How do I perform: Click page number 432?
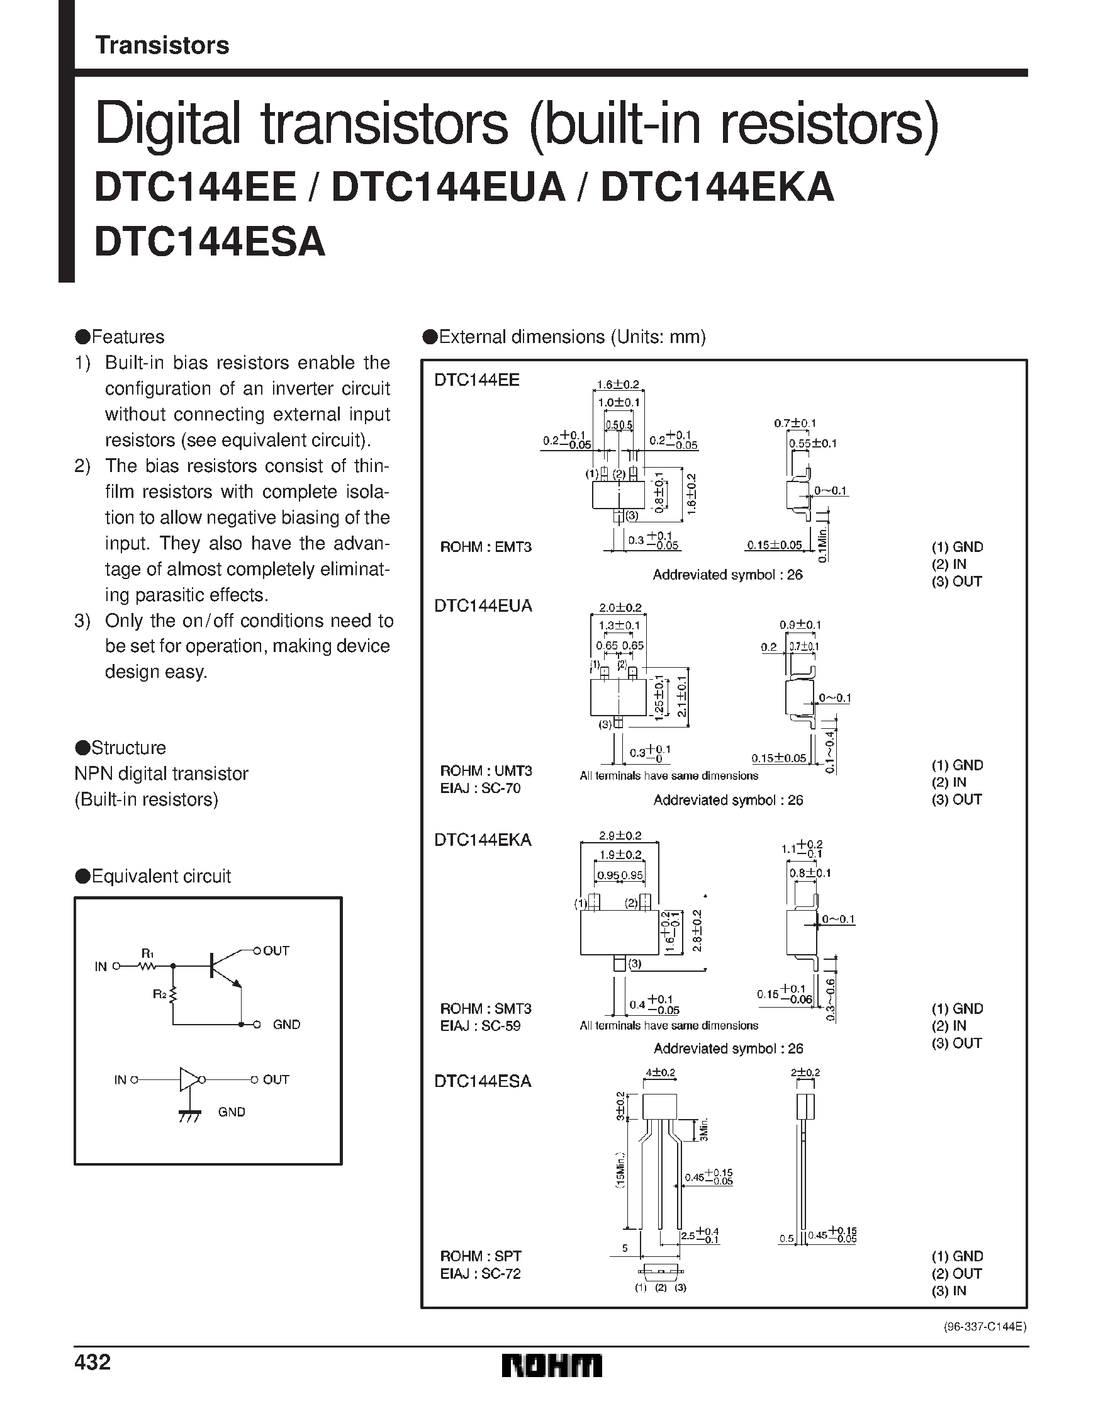click(x=93, y=1361)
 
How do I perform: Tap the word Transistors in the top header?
click(x=162, y=45)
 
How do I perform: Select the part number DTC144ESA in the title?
click(x=210, y=242)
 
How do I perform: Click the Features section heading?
click(x=120, y=337)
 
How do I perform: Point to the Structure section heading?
click(x=121, y=747)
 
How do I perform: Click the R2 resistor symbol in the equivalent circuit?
click(x=173, y=994)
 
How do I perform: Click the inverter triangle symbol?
click(x=189, y=1080)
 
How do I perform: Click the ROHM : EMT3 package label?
click(x=486, y=547)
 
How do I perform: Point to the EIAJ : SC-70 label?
click(x=481, y=788)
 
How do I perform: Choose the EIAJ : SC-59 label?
click(x=481, y=1026)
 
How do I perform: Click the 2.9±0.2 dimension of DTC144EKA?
click(x=620, y=836)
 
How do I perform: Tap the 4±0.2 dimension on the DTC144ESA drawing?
click(x=660, y=1073)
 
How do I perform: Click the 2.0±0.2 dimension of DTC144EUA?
click(x=620, y=608)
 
